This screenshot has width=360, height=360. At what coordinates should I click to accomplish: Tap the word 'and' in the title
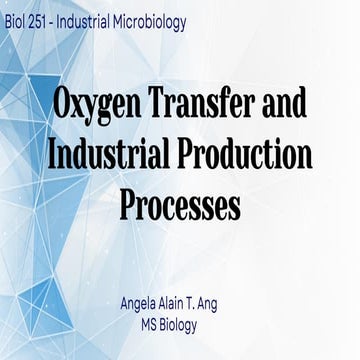click(284, 103)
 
